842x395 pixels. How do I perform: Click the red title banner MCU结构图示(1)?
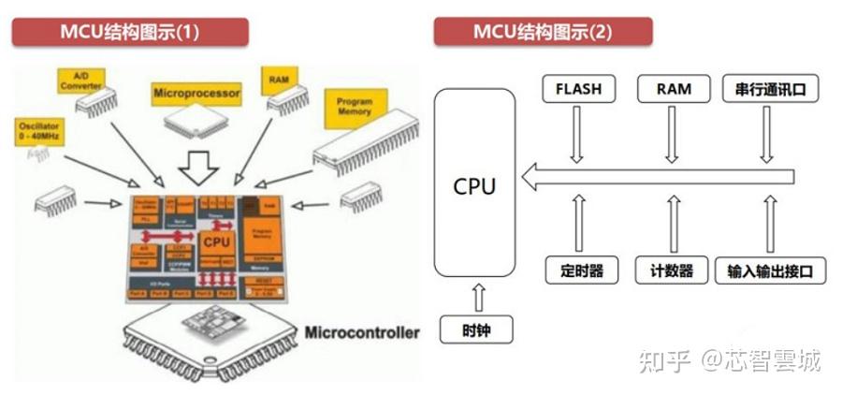tap(131, 31)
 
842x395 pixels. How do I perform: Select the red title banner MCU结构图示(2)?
tap(543, 31)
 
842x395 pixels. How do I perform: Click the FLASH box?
tap(578, 90)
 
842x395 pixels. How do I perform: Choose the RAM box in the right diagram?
tap(673, 90)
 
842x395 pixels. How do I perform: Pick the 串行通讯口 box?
tap(770, 90)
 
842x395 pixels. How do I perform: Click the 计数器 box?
tap(673, 271)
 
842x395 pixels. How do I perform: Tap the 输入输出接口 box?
tap(770, 271)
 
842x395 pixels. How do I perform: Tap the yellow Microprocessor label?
tap(196, 93)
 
